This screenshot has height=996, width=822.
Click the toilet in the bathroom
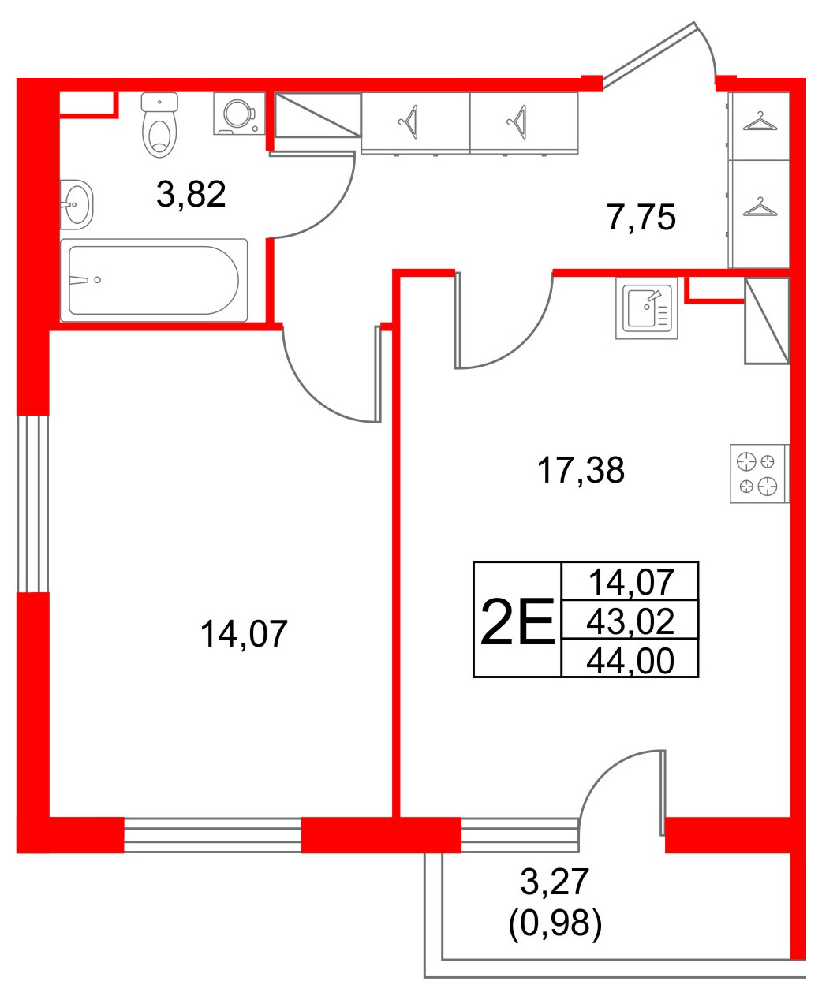(159, 125)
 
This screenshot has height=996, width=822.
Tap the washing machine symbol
(239, 114)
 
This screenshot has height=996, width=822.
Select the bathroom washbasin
(77, 204)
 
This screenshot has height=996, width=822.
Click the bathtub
(154, 280)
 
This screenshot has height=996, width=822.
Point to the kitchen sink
(646, 308)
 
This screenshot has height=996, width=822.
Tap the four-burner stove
(759, 474)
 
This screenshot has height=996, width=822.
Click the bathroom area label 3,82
(191, 195)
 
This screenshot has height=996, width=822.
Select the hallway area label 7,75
(641, 218)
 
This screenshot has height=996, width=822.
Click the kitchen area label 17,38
(581, 470)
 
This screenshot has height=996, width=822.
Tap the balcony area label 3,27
(555, 882)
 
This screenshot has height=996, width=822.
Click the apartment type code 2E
(517, 622)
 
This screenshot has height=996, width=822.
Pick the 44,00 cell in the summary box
(630, 661)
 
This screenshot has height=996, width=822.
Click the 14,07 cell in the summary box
(630, 582)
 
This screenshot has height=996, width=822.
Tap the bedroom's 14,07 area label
(244, 634)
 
